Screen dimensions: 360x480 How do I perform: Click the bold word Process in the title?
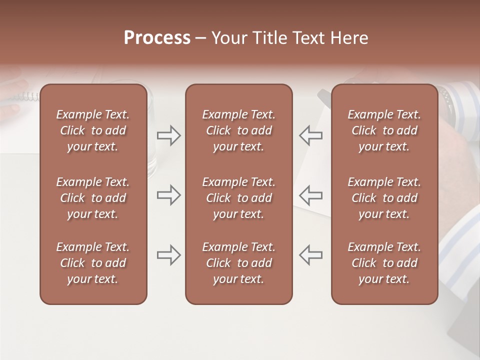pyautogui.click(x=157, y=38)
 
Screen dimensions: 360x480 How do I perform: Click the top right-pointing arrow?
pyautogui.click(x=169, y=135)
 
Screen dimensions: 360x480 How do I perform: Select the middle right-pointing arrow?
pyautogui.click(x=169, y=195)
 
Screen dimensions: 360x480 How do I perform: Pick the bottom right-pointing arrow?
pyautogui.click(x=169, y=255)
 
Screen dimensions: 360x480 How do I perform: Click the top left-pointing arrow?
pyautogui.click(x=310, y=135)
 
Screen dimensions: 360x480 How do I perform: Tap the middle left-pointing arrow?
pyautogui.click(x=310, y=195)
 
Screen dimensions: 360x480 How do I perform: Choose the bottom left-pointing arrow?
pyautogui.click(x=310, y=255)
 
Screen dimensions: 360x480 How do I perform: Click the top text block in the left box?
pyautogui.click(x=93, y=130)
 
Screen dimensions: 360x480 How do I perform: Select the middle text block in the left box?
pyautogui.click(x=93, y=198)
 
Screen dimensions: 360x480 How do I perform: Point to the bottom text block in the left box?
pyautogui.click(x=93, y=263)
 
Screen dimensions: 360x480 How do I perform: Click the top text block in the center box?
pyautogui.click(x=238, y=130)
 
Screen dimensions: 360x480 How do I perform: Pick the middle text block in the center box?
pyautogui.click(x=238, y=198)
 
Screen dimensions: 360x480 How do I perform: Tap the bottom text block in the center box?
pyautogui.click(x=238, y=263)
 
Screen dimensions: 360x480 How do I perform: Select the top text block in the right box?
pyautogui.click(x=384, y=130)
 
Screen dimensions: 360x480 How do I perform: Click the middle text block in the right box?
pyautogui.click(x=384, y=198)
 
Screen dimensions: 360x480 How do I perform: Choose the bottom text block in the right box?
pyautogui.click(x=384, y=263)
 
